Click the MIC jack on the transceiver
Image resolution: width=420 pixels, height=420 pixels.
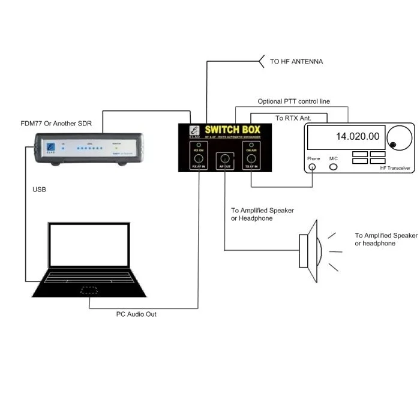click(334, 166)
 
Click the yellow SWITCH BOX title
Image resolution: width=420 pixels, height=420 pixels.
click(233, 130)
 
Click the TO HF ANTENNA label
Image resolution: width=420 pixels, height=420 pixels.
click(296, 62)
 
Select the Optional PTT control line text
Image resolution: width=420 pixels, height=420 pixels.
click(293, 101)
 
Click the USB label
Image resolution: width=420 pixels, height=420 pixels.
click(40, 190)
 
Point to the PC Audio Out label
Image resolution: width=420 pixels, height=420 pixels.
click(136, 314)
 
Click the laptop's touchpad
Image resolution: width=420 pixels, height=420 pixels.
click(90, 290)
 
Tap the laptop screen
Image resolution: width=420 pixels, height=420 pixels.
click(89, 246)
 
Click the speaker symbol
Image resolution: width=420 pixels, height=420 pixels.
click(313, 251)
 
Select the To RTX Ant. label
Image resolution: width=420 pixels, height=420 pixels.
click(292, 118)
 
